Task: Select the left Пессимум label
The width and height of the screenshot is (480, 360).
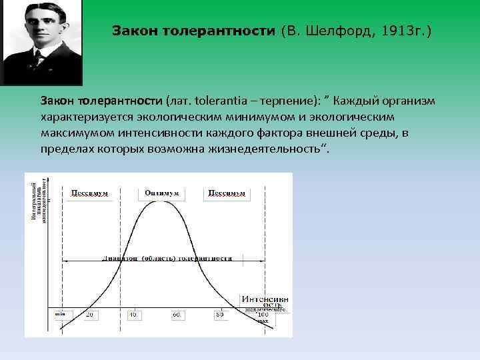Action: [89, 193]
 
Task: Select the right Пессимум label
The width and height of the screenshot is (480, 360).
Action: [226, 193]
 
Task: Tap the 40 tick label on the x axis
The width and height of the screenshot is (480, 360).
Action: [133, 314]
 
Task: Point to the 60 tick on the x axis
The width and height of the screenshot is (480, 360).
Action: [177, 314]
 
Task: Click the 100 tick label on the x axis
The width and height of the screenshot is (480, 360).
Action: [263, 314]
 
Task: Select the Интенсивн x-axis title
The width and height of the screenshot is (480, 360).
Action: [265, 299]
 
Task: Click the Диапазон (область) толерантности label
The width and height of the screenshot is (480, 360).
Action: [167, 257]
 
